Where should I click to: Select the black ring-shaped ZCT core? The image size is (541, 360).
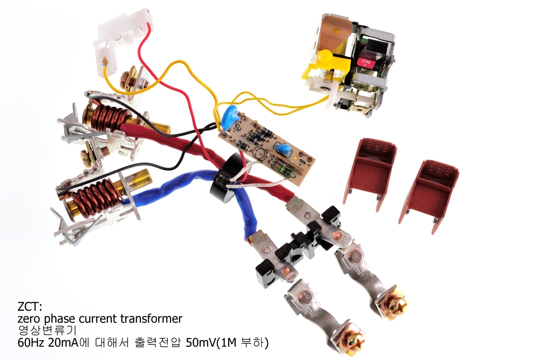pos(224,181)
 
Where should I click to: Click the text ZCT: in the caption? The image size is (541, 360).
pos(30,307)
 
